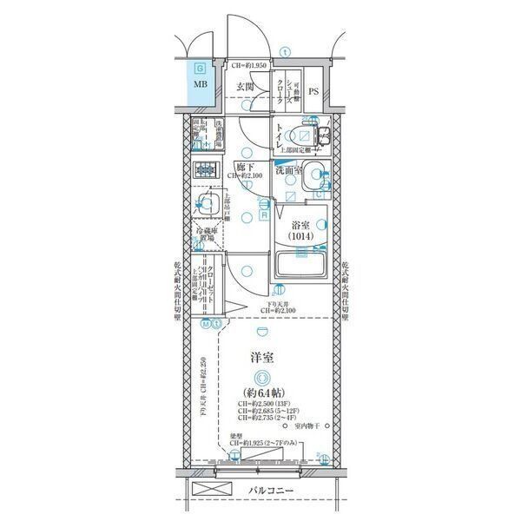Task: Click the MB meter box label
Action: (201, 85)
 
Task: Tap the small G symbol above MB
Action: (201, 67)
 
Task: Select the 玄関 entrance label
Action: (245, 87)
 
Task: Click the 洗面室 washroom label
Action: (289, 171)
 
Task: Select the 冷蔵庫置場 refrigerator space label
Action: (205, 235)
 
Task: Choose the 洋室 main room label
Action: (263, 358)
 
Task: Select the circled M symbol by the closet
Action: (206, 324)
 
